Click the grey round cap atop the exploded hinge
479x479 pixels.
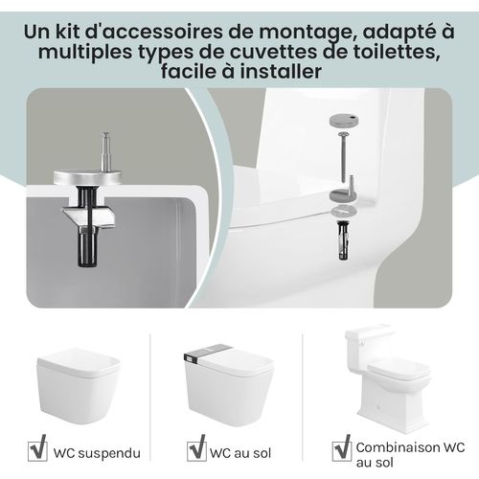click(344, 119)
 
